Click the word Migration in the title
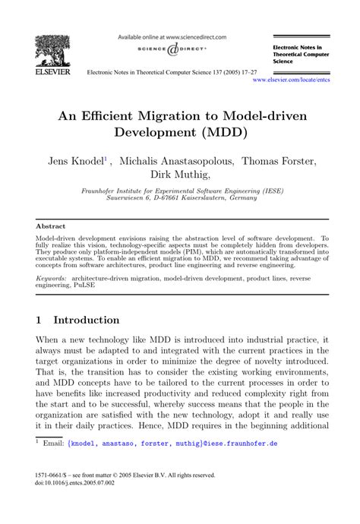[x=169, y=119]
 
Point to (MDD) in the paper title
[x=245, y=139]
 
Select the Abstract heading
[x=50, y=226]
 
